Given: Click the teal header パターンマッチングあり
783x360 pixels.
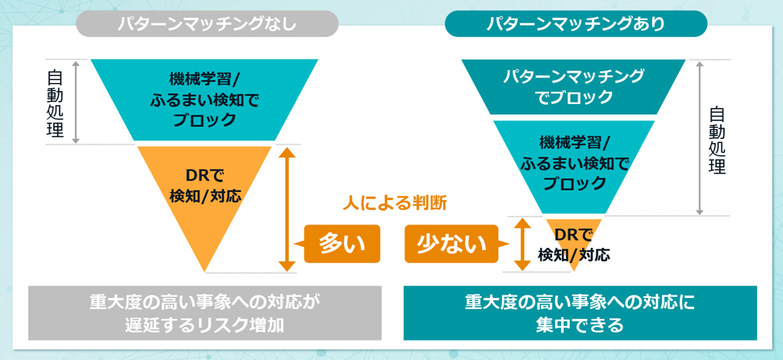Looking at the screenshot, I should pos(576,23).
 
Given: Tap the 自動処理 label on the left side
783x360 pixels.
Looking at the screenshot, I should pos(56,103).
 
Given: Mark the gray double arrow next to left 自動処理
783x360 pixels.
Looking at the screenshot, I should pos(77,102).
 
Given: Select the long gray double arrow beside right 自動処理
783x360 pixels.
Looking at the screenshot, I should pos(700,137).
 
